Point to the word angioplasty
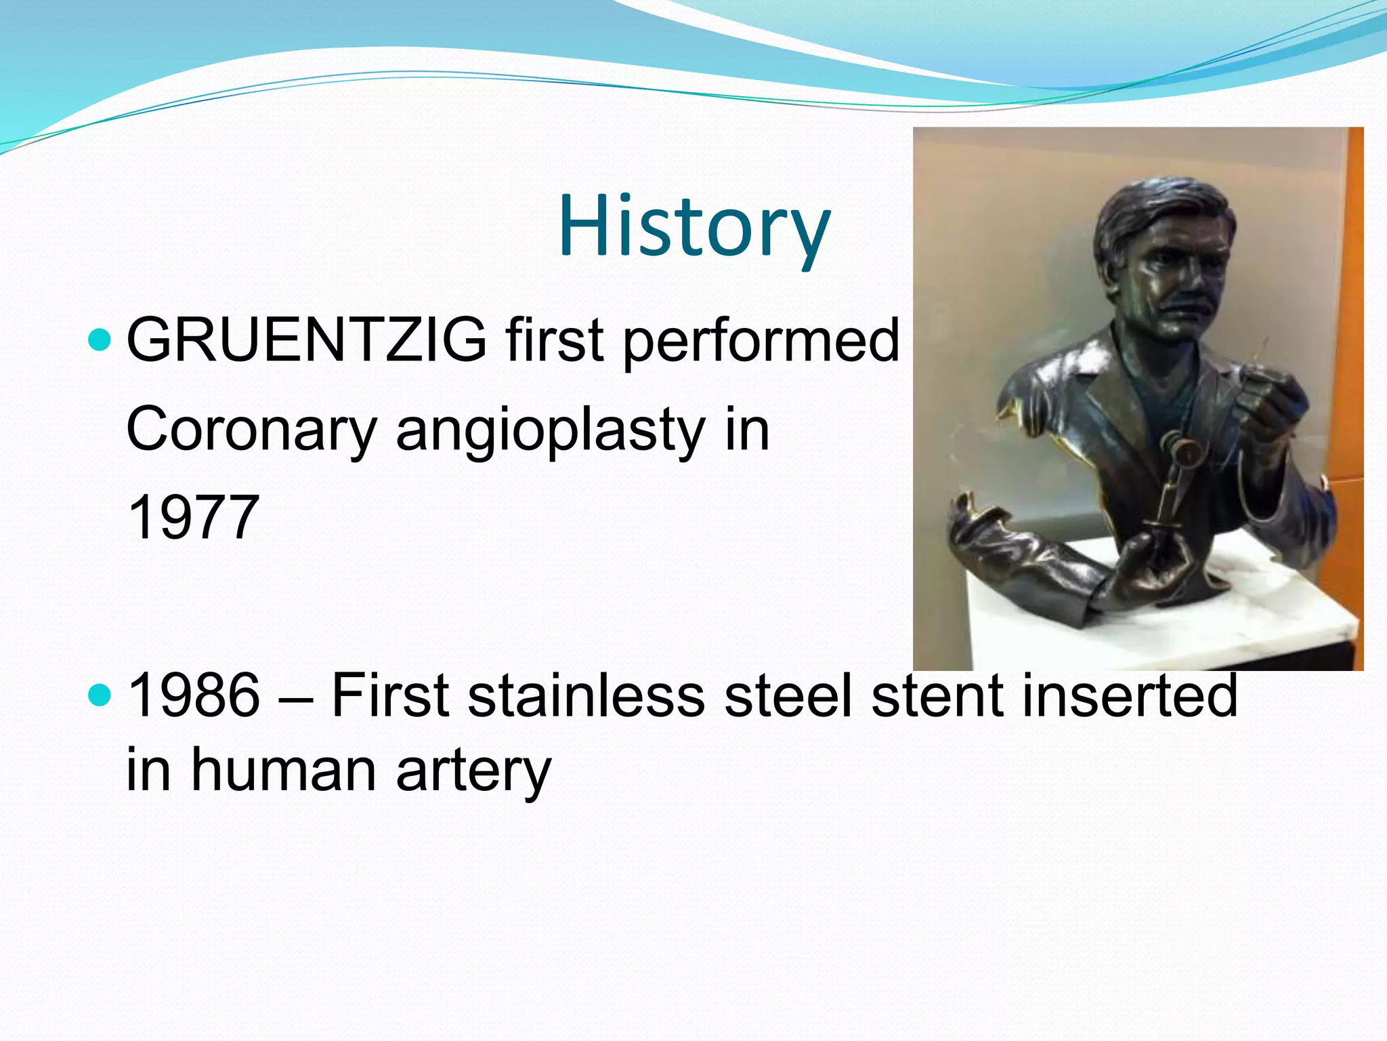[x=551, y=430]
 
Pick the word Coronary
[x=251, y=430]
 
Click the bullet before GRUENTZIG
[x=100, y=340]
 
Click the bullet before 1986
[x=100, y=695]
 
